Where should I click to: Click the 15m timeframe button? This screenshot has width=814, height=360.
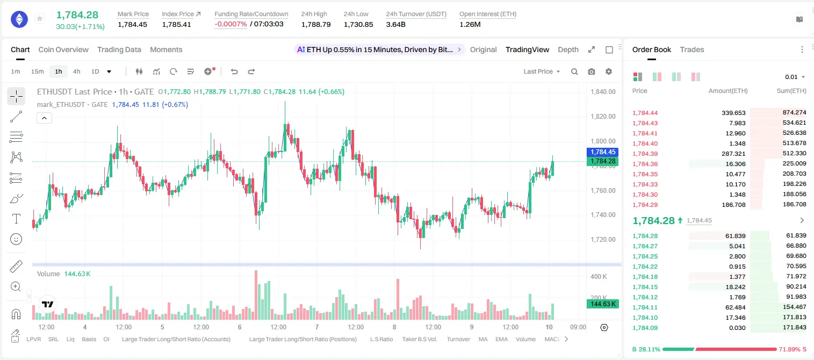[38, 71]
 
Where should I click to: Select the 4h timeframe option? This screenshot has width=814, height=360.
[76, 71]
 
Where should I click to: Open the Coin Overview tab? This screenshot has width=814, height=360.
[63, 50]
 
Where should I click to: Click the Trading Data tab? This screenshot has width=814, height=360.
[119, 50]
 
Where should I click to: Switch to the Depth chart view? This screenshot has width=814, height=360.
[568, 50]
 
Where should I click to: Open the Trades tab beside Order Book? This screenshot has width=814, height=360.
[692, 50]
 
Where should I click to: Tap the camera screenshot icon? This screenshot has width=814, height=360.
[592, 71]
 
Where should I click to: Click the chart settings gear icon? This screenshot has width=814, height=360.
[609, 71]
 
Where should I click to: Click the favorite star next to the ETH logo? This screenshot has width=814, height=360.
[40, 18]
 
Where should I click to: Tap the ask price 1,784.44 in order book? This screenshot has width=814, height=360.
[645, 113]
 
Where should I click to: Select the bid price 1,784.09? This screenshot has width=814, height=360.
[645, 328]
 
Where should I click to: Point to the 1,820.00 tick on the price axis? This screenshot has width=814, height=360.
[603, 116]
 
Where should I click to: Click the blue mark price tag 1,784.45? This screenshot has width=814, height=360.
[603, 152]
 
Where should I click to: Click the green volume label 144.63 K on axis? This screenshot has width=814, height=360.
[603, 304]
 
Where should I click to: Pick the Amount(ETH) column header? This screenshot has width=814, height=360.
[728, 91]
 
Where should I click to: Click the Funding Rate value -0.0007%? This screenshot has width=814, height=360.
[230, 24]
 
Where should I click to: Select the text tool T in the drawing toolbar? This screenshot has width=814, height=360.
[16, 219]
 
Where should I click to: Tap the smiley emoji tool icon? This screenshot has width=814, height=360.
[16, 239]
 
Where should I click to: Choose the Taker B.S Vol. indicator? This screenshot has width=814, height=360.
[419, 339]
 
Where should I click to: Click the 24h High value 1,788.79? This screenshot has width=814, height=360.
[316, 24]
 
